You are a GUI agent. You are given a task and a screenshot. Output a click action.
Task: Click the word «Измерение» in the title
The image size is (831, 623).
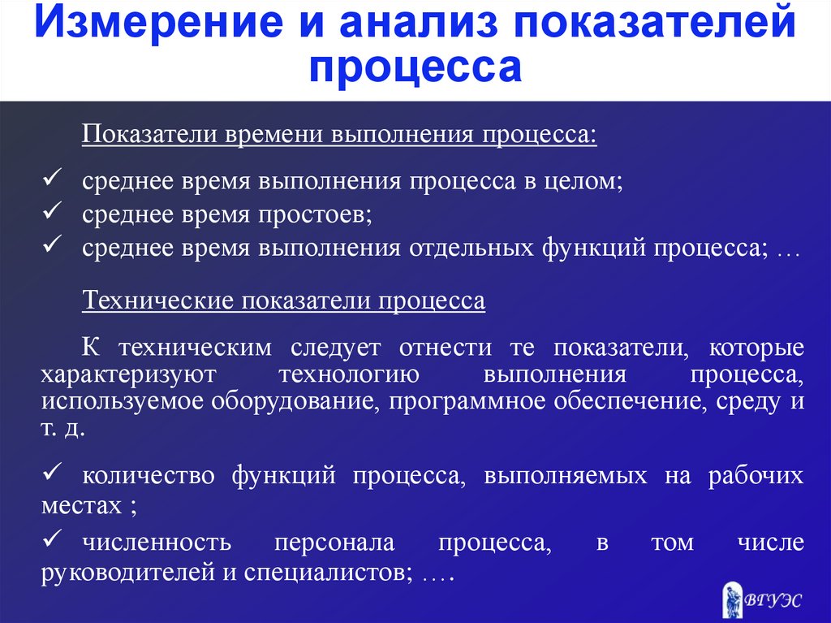click(158, 22)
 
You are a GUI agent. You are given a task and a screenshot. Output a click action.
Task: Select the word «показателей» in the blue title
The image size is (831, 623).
click(655, 22)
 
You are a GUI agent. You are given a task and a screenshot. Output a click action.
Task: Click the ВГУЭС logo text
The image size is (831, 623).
click(773, 600)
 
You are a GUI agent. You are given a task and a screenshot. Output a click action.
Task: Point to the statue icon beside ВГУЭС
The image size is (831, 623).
click(731, 599)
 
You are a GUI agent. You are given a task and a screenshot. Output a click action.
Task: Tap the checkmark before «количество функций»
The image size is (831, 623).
click(53, 470)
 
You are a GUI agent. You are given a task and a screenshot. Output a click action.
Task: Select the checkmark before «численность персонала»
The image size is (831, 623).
click(53, 538)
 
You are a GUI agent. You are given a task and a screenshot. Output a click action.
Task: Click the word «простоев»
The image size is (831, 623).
click(316, 215)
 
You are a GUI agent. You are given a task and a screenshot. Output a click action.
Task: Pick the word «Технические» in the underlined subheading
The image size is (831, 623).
click(157, 301)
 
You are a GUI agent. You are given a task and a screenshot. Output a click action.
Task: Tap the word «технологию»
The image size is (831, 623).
click(349, 374)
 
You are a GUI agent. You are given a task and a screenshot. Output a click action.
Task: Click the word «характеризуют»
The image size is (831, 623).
click(129, 374)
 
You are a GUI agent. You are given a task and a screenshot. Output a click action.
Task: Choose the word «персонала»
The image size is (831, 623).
click(334, 543)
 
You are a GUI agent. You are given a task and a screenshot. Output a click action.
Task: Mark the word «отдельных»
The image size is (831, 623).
click(471, 248)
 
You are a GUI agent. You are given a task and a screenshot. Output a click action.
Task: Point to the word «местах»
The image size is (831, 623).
click(82, 505)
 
